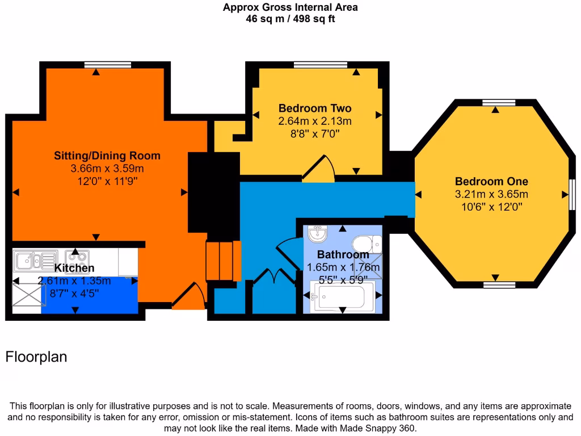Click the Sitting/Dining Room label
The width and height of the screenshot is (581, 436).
coord(107,156)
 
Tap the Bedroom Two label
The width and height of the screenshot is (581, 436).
coord(315,108)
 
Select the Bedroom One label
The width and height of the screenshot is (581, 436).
coord(491,181)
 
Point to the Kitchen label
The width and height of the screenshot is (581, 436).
coord(74,268)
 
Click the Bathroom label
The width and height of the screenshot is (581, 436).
coord(343,254)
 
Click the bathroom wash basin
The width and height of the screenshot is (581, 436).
coord(318,233)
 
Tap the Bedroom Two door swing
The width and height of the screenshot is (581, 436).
coord(319,169)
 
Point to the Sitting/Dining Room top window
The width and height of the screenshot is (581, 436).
coord(107,65)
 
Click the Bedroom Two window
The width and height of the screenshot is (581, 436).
coord(321,65)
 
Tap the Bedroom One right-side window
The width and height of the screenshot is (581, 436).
coord(572,194)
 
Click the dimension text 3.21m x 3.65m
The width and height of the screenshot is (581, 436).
coord(491,194)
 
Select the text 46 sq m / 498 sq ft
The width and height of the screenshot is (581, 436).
coord(290,19)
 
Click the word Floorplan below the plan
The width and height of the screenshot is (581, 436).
coord(36,357)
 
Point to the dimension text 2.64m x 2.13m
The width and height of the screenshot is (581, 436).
coord(315,121)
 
